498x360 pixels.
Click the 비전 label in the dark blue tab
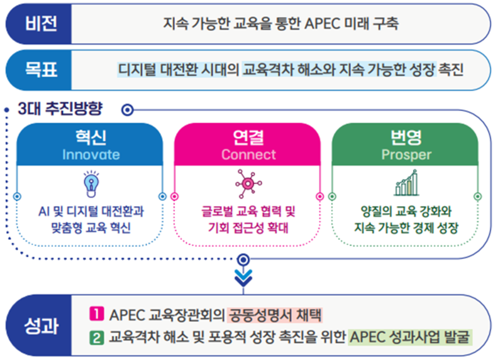click(x=41, y=23)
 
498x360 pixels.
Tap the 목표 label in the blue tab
click(x=41, y=70)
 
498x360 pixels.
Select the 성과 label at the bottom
click(x=41, y=325)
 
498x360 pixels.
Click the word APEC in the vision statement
click(x=323, y=24)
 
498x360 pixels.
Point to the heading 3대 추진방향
click(x=60, y=109)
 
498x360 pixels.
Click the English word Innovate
click(x=91, y=155)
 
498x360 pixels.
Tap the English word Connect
click(x=248, y=155)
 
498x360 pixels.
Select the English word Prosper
click(x=406, y=155)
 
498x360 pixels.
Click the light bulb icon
click(x=91, y=184)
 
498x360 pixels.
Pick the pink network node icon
click(x=248, y=183)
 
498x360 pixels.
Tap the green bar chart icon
click(x=406, y=183)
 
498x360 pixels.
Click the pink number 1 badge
click(x=97, y=314)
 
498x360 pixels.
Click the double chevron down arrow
click(x=243, y=278)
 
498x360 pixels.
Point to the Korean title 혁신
click(x=91, y=137)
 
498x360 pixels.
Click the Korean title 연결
click(x=248, y=137)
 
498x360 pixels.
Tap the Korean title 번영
click(x=406, y=137)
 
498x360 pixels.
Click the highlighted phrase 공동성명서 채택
click(x=275, y=315)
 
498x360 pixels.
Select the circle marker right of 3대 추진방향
click(x=128, y=110)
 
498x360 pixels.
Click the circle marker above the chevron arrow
click(x=243, y=260)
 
